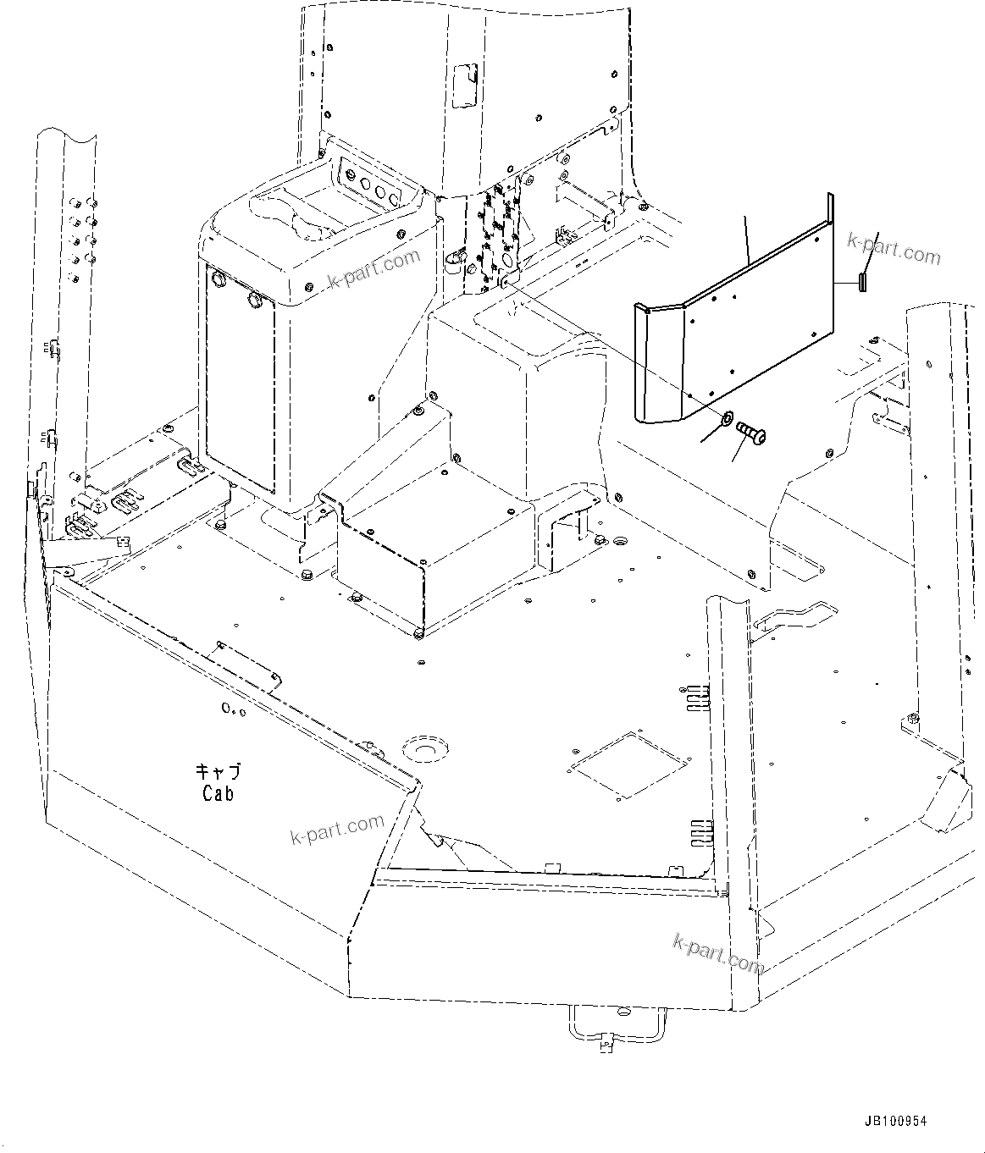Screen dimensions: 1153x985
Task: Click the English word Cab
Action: pyautogui.click(x=218, y=793)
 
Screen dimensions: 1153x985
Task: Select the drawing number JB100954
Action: pyautogui.click(x=895, y=1121)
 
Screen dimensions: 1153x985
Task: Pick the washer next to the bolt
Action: pyautogui.click(x=726, y=418)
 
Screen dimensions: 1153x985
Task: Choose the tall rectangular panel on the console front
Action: pyautogui.click(x=241, y=377)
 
